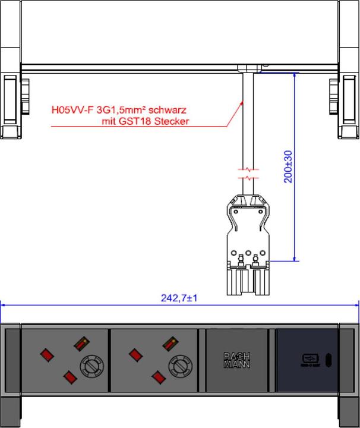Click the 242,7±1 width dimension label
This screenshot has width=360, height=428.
pyautogui.click(x=179, y=298)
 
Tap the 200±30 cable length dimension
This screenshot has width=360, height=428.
pyautogui.click(x=288, y=166)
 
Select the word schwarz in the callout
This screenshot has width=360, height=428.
pyautogui.click(x=167, y=110)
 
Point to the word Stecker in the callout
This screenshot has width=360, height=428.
pyautogui.click(x=172, y=121)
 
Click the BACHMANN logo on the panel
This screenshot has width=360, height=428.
pyautogui.click(x=236, y=360)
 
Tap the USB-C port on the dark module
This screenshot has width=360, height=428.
pyautogui.click(x=329, y=360)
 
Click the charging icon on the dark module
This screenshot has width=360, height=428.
pyautogui.click(x=310, y=360)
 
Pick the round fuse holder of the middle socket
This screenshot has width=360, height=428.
pyautogui.click(x=180, y=366)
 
